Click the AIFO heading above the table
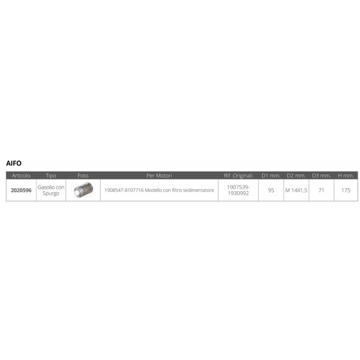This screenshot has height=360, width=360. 14,163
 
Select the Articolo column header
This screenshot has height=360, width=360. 21,175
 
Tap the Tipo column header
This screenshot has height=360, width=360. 51,175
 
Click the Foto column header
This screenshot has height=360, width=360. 83,175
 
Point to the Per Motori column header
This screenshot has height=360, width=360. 159,175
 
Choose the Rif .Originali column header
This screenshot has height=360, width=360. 238,175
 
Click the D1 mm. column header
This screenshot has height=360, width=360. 271,175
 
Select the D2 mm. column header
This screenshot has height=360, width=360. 296,175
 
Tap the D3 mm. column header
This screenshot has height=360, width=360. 321,175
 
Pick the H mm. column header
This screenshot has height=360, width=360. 346,175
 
